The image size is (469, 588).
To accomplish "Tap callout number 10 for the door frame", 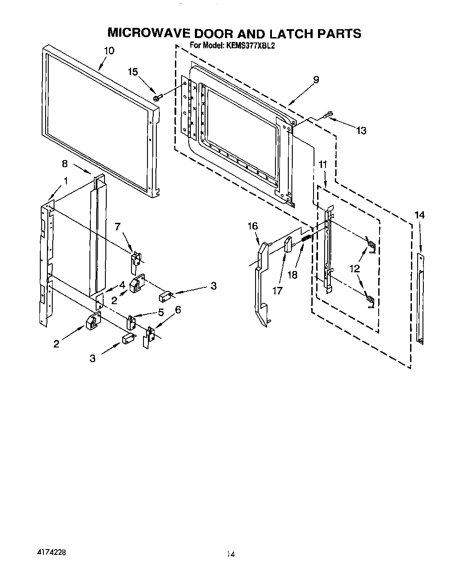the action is [109, 50].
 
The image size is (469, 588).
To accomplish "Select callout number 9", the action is [316, 80].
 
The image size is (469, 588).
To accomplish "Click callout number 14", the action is [419, 215].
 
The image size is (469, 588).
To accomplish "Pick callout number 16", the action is [252, 226].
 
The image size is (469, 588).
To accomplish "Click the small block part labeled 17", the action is [288, 244].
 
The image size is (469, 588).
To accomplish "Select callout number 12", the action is [354, 268].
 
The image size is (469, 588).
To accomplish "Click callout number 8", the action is [65, 164].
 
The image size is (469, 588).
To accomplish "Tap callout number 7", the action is [117, 227].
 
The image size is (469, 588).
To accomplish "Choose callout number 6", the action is [178, 310].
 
